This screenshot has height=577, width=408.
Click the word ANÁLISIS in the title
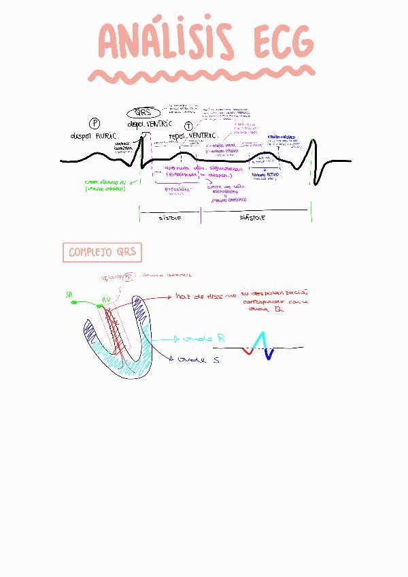[x=164, y=43]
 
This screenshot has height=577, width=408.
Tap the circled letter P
[x=95, y=123]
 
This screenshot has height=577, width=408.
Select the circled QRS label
[x=143, y=113]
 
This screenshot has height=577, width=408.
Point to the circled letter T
[x=188, y=126]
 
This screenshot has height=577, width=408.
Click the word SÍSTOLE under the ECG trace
[x=170, y=218]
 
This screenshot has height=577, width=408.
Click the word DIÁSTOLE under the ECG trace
[x=253, y=218]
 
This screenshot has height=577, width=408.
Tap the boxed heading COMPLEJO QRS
[x=102, y=252]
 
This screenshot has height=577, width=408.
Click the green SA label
[x=69, y=295]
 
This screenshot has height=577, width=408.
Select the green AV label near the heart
[x=106, y=299]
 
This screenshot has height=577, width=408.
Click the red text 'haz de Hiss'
[x=199, y=296]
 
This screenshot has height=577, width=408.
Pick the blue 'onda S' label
[x=198, y=359]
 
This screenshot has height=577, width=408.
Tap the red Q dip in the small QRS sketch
[x=248, y=352]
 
